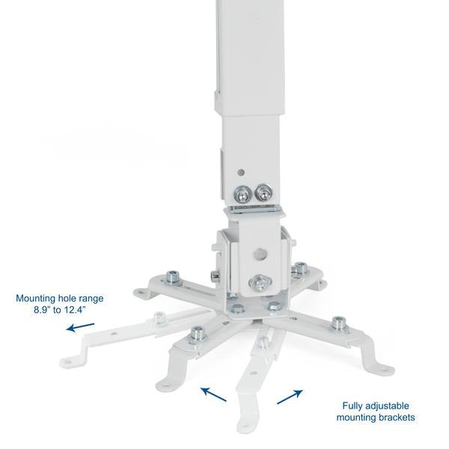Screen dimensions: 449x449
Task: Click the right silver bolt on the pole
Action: click(263, 193)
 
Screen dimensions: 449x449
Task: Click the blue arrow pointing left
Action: click(80, 326)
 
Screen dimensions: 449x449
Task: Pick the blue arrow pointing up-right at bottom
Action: click(290, 396)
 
